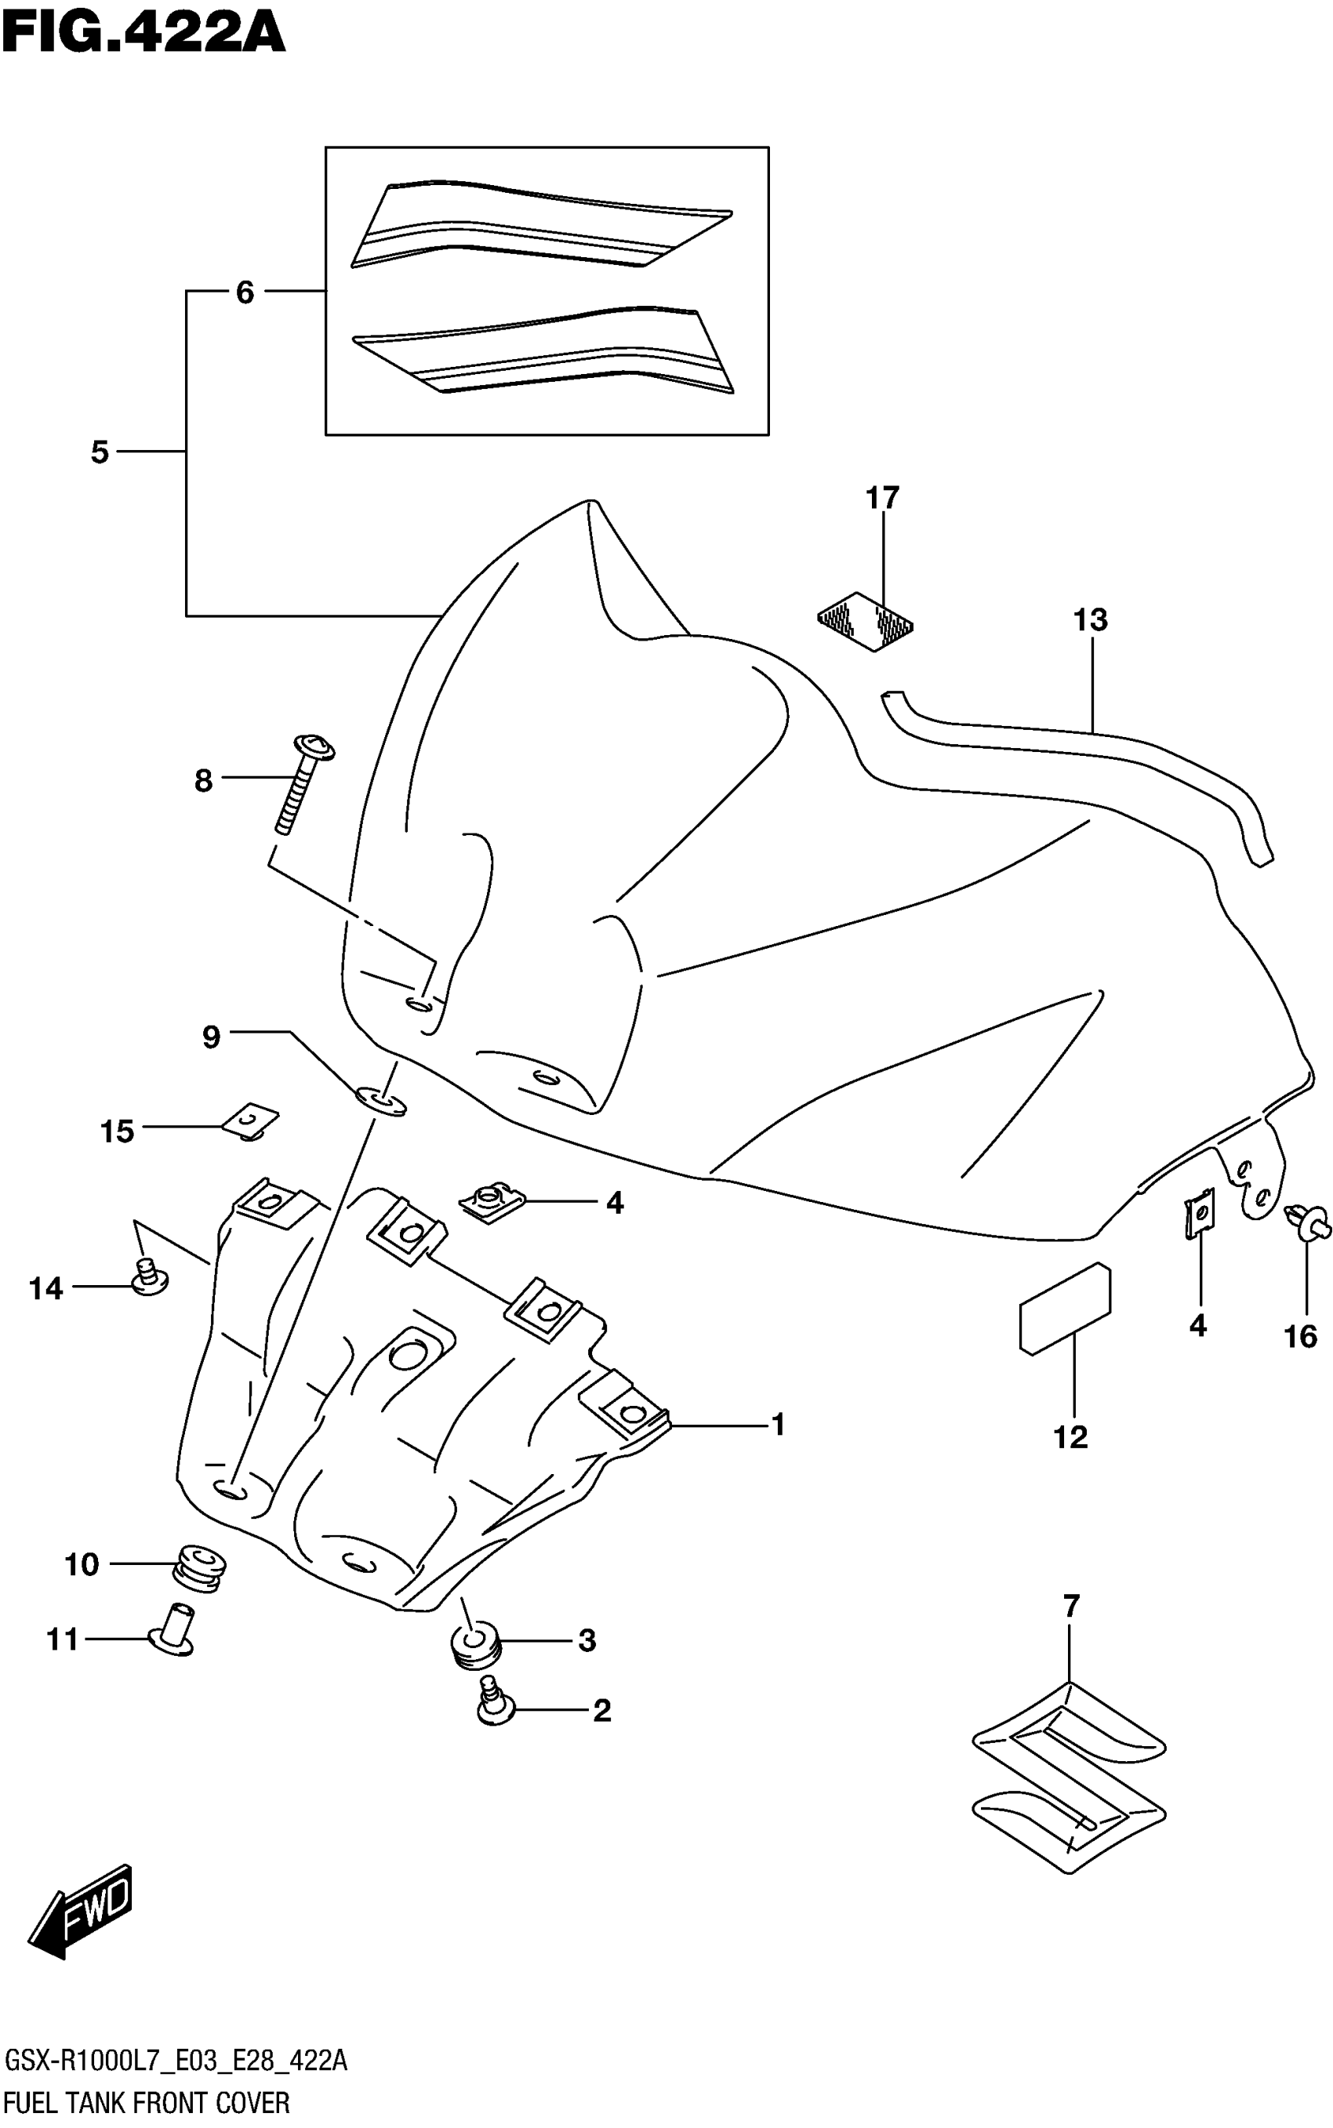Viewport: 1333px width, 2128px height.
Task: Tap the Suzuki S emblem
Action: pos(1069,1778)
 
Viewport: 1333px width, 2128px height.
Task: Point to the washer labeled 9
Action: pos(382,1101)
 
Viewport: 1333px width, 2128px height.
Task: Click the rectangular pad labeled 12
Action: pos(1065,1308)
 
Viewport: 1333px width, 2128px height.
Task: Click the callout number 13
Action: pos(1090,619)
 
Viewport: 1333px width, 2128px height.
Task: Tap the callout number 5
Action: pos(100,452)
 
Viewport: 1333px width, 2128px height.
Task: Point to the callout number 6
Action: pos(244,292)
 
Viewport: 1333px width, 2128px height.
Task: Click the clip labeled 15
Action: pos(250,1122)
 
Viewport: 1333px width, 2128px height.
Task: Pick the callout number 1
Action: pos(778,1424)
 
